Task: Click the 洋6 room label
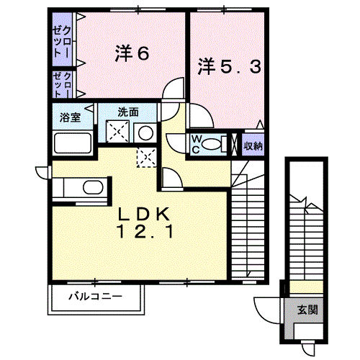(132, 53)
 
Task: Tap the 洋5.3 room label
(229, 67)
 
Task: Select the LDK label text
(144, 214)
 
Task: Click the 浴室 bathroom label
(70, 117)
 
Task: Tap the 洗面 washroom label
(128, 112)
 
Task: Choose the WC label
(196, 144)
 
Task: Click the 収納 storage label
(253, 146)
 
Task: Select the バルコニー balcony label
(96, 297)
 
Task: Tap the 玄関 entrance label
(307, 310)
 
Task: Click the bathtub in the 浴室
(73, 143)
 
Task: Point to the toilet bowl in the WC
(211, 145)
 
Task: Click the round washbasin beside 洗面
(145, 133)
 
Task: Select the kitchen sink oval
(93, 187)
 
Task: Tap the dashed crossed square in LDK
(147, 157)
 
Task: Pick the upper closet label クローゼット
(62, 42)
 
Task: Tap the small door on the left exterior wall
(43, 173)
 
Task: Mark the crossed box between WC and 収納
(234, 144)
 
